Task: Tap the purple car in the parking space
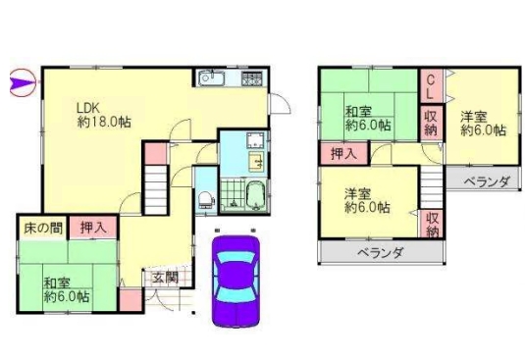click(x=236, y=282)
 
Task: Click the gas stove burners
click(x=251, y=78)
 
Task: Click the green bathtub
click(x=256, y=196)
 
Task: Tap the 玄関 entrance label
click(x=166, y=278)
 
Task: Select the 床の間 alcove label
click(x=43, y=229)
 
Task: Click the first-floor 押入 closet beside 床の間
click(x=93, y=228)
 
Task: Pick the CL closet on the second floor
click(x=431, y=85)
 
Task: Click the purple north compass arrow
click(x=23, y=82)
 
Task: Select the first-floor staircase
click(x=156, y=188)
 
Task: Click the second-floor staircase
click(x=432, y=187)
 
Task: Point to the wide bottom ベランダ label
click(x=382, y=253)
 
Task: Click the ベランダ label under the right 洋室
click(x=488, y=181)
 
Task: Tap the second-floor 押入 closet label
click(x=343, y=154)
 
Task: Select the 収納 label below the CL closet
click(x=431, y=124)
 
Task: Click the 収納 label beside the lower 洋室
click(x=432, y=225)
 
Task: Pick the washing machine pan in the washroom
click(x=255, y=140)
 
